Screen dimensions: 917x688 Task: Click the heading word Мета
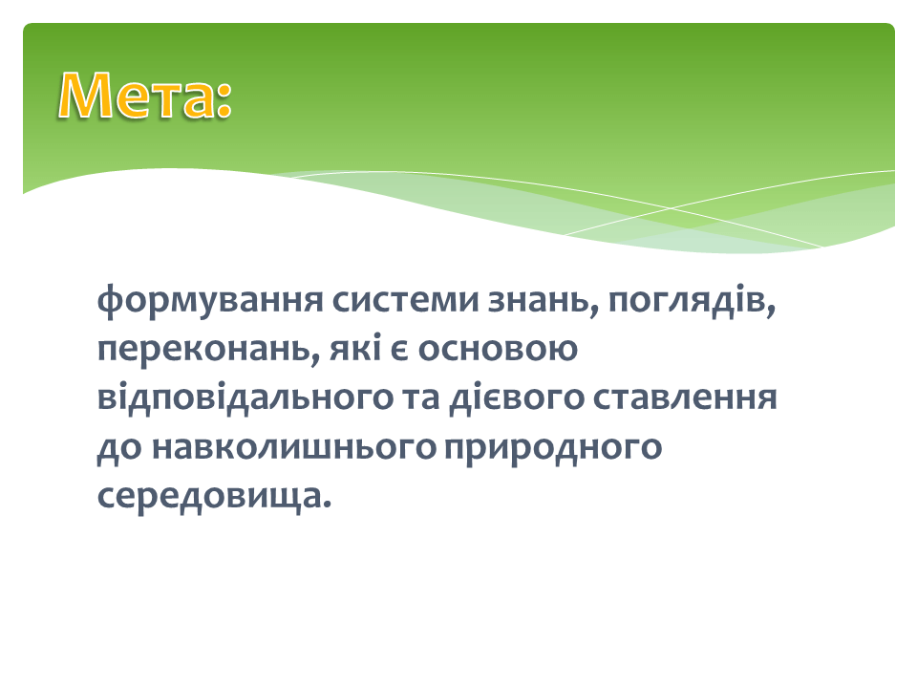click(137, 96)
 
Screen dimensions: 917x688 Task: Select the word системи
click(405, 300)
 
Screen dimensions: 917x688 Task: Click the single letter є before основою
click(399, 350)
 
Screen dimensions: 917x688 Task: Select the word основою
click(498, 350)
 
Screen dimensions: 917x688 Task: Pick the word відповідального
click(245, 398)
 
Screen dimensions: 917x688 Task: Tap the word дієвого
click(517, 398)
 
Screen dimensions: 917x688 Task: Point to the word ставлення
click(685, 398)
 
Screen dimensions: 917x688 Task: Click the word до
click(119, 448)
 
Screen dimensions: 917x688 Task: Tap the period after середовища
click(327, 505)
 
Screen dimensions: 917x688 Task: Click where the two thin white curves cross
click(671, 208)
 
